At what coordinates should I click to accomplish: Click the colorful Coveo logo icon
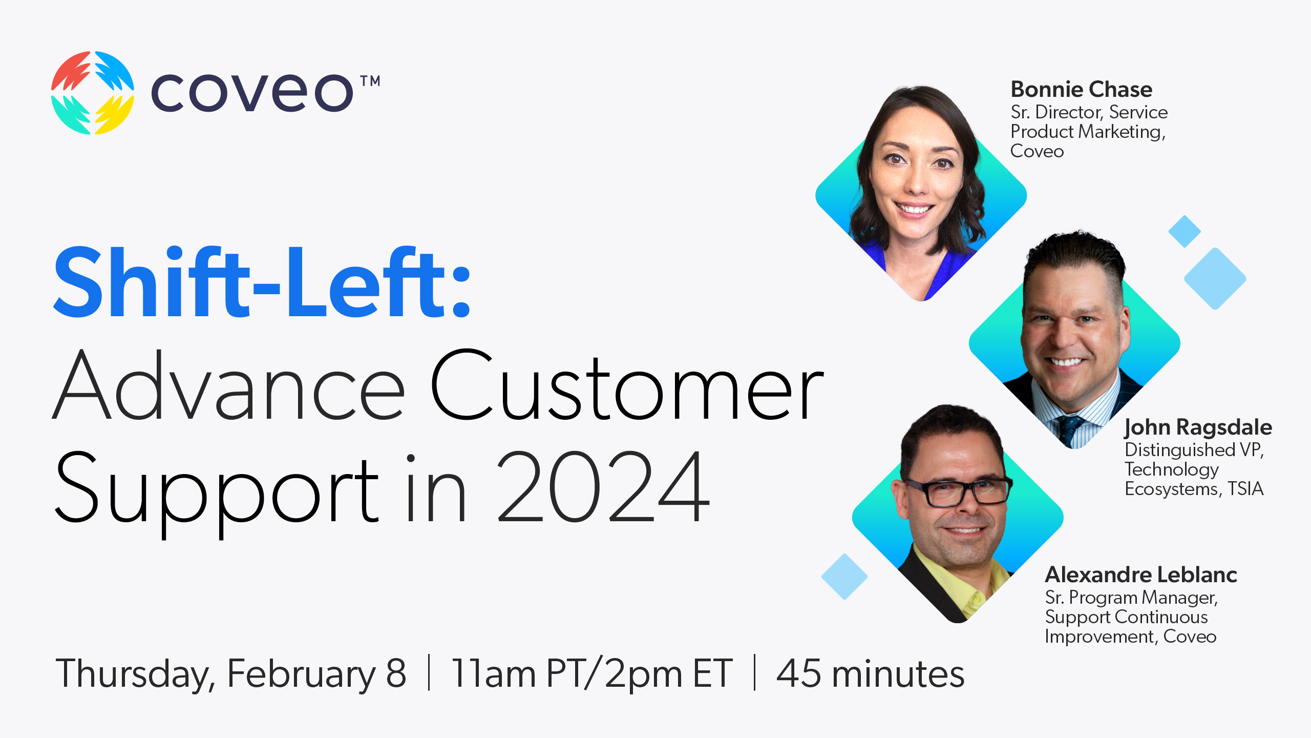point(93,93)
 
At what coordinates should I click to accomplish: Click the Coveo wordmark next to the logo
point(252,93)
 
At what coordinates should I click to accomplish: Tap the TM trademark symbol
point(370,81)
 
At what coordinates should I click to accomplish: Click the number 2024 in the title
point(603,488)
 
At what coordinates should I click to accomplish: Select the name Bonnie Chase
point(1081,90)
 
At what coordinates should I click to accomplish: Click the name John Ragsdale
point(1198,427)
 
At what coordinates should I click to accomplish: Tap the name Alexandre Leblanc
point(1140,575)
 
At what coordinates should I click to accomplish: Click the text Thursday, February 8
point(230,673)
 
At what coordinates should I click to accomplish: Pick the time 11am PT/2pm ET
point(591,673)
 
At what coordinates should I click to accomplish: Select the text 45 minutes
point(870,673)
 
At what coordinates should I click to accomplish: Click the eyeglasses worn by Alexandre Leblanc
point(958,493)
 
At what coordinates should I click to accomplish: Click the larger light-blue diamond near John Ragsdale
point(1215,279)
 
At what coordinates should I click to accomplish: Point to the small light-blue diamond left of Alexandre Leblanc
point(844,577)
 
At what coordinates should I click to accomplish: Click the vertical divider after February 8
point(429,672)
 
